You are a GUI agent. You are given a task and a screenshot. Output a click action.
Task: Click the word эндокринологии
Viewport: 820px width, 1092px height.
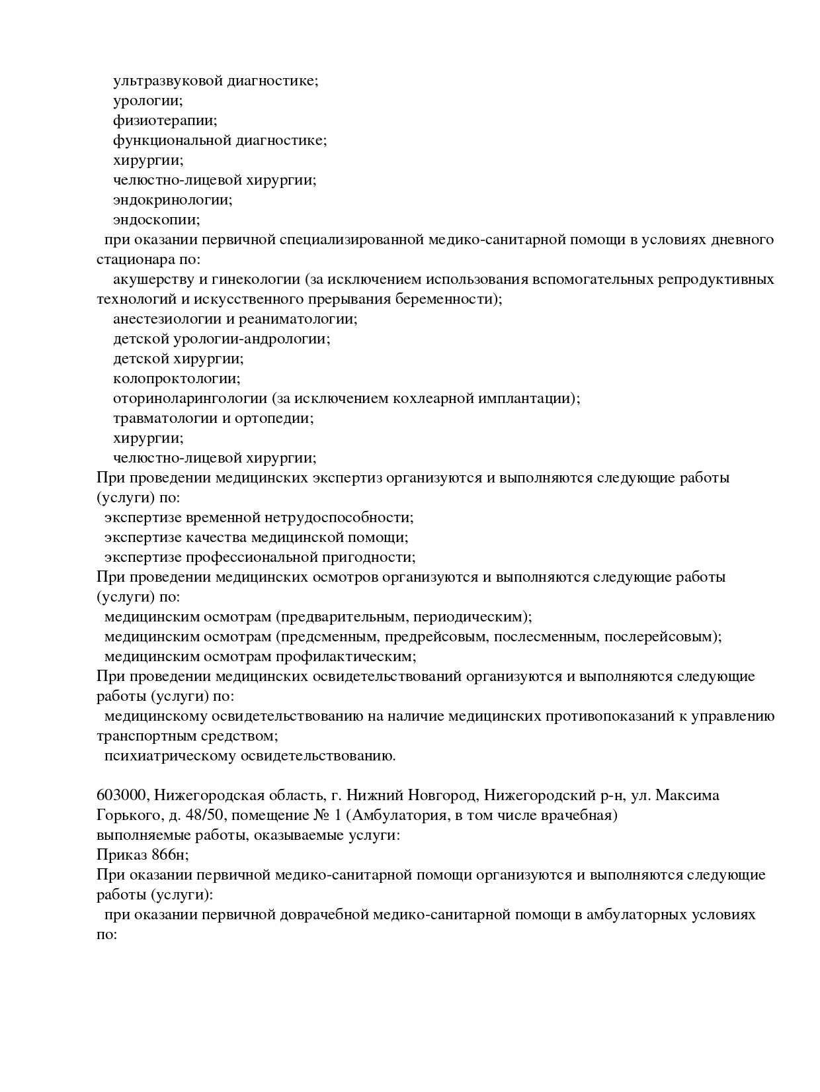pos(173,200)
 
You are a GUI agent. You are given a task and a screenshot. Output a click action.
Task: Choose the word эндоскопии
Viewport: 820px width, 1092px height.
pos(156,220)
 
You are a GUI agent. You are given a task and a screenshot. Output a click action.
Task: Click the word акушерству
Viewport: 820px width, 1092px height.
pos(149,280)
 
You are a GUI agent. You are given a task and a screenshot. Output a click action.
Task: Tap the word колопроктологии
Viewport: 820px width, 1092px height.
pos(177,379)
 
